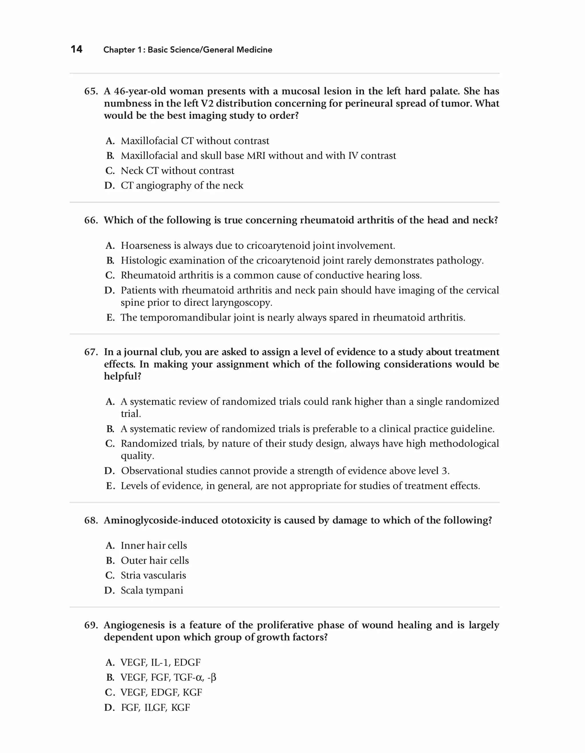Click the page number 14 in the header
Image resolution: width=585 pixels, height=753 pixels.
coord(77,49)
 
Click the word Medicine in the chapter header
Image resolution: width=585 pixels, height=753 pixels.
coord(255,50)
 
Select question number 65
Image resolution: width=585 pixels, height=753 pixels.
coord(91,91)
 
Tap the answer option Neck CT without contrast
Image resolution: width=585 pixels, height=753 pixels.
coord(177,171)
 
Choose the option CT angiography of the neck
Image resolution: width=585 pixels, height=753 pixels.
coord(182,185)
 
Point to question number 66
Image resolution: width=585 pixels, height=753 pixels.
coord(91,220)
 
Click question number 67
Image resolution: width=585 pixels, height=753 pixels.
coord(91,352)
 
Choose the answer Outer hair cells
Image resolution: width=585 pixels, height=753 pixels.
coord(155,561)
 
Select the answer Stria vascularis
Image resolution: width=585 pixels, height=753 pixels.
coord(153,576)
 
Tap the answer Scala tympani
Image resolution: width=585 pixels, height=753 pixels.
coord(152,591)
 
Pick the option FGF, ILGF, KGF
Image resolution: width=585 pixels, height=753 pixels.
coord(155,708)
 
